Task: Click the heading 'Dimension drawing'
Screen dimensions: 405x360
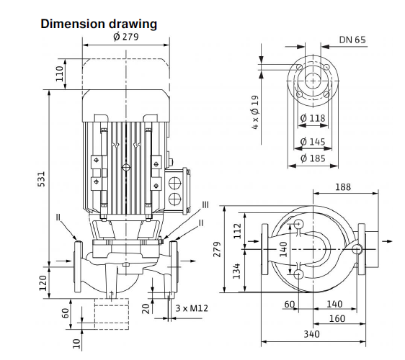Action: coord(99,24)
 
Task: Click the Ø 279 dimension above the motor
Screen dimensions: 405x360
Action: coord(126,37)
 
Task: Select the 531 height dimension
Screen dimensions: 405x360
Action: coord(42,179)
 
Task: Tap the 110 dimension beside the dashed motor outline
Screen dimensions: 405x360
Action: coord(60,73)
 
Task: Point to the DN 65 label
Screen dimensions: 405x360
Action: coord(352,40)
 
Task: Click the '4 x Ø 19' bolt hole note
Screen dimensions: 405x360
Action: coord(255,112)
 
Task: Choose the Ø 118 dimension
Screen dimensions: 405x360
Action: coord(313,118)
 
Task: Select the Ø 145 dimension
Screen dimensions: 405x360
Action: coord(313,141)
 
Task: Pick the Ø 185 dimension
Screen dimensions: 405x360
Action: coord(313,158)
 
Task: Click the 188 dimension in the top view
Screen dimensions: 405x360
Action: coord(343,186)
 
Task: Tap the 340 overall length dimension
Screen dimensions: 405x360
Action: coord(311,334)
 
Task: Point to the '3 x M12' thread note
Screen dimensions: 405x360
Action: coord(192,308)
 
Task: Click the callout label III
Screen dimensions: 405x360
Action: coord(205,205)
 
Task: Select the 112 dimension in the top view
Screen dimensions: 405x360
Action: coord(237,231)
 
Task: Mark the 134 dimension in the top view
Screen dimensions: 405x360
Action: coord(236,271)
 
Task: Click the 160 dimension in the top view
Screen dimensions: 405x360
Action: coord(337,319)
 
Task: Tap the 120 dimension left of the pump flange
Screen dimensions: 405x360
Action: coord(43,283)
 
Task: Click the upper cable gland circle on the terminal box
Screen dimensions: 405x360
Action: coord(175,183)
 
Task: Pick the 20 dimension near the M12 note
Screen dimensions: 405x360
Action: coord(146,308)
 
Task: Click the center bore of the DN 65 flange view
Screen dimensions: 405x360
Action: coord(313,81)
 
